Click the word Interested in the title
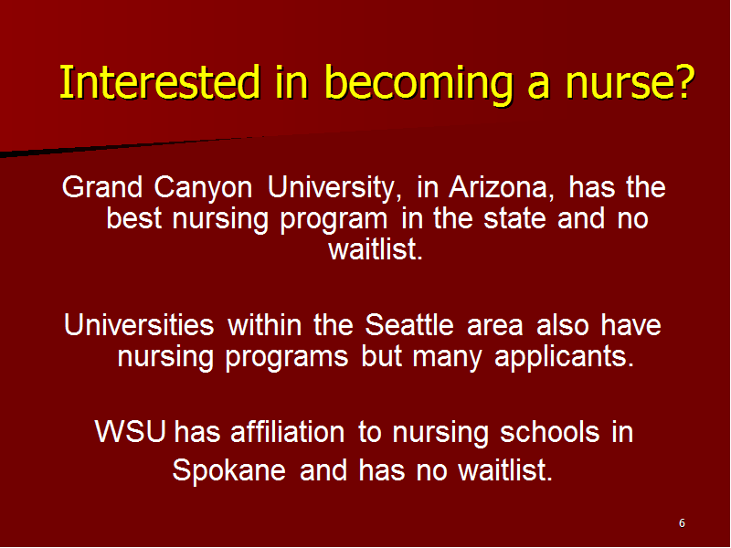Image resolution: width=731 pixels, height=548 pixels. (x=160, y=82)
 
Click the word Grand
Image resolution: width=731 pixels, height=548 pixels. (x=102, y=187)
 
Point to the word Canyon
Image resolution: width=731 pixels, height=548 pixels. (x=203, y=190)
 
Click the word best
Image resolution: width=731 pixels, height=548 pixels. (x=134, y=218)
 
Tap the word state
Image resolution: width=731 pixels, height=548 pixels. (x=514, y=219)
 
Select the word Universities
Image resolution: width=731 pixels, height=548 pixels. (x=139, y=324)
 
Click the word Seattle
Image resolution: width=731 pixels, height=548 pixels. (x=408, y=324)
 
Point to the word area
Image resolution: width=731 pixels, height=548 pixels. (x=494, y=327)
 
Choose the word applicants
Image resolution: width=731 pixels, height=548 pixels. (x=564, y=358)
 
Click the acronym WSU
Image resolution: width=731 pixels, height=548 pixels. (x=131, y=431)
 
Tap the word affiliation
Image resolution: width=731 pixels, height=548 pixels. (x=288, y=431)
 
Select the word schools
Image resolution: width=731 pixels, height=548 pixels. (x=550, y=431)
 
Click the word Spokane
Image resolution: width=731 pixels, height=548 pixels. (x=229, y=470)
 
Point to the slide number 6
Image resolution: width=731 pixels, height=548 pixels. (x=682, y=523)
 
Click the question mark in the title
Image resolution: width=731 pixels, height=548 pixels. (x=686, y=82)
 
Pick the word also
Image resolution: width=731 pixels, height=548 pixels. (x=562, y=324)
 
